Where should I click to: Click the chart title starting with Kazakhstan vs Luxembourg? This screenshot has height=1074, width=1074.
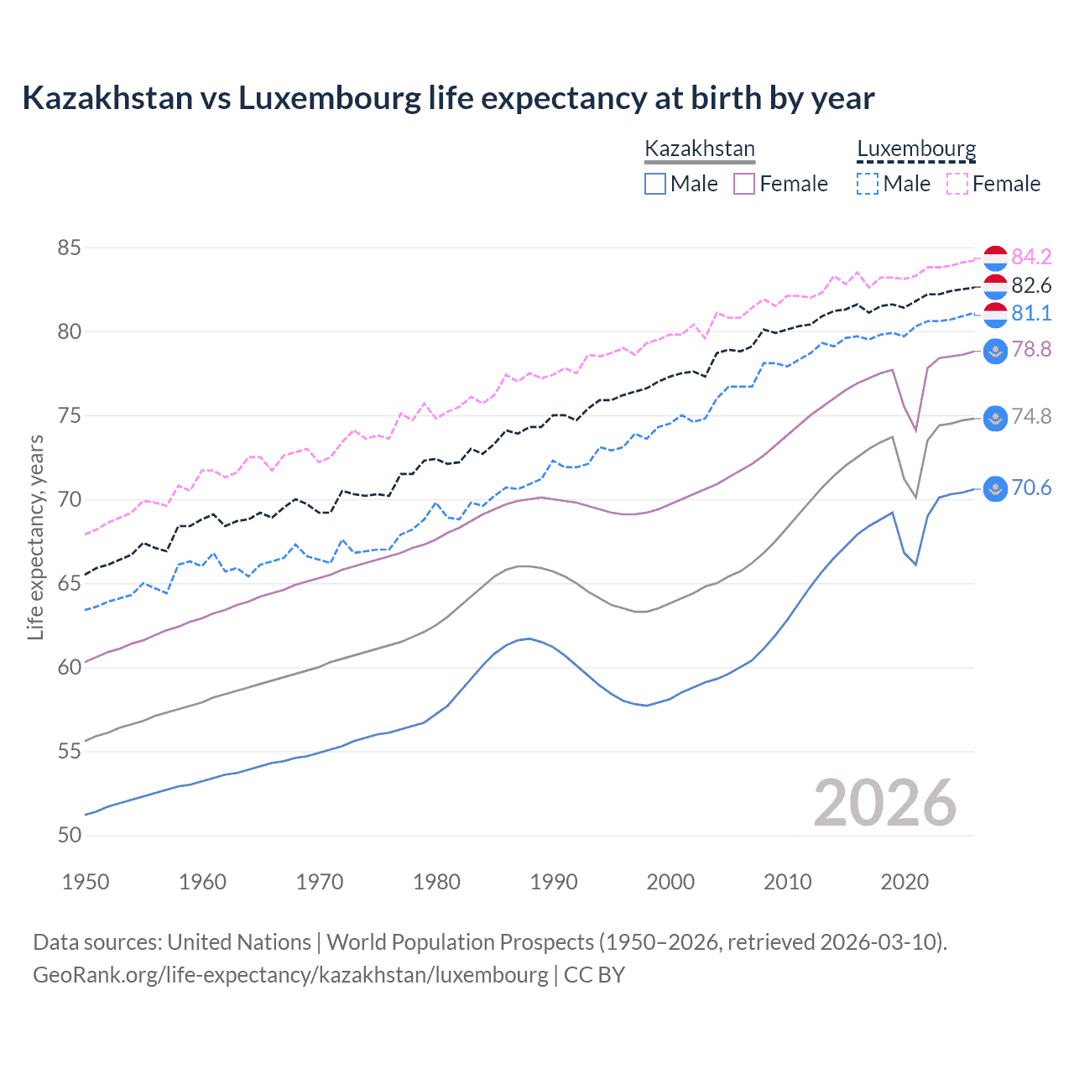pyautogui.click(x=448, y=98)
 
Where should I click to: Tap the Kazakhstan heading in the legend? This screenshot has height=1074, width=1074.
pyautogui.click(x=700, y=149)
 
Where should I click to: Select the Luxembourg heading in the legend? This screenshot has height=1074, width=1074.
pyautogui.click(x=916, y=149)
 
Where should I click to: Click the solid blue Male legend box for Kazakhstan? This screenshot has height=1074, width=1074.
pyautogui.click(x=655, y=184)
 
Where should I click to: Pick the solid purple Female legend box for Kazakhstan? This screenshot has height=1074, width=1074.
pyautogui.click(x=744, y=184)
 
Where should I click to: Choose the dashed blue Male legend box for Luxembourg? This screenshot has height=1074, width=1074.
pyautogui.click(x=868, y=184)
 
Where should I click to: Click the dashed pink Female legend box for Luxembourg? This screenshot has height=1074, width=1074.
pyautogui.click(x=957, y=184)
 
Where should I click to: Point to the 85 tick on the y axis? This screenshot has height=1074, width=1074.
pyautogui.click(x=69, y=248)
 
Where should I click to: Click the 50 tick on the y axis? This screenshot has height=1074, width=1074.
pyautogui.click(x=69, y=835)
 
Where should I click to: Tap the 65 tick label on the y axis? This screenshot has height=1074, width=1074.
pyautogui.click(x=69, y=583)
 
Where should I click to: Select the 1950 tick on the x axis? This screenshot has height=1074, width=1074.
pyautogui.click(x=86, y=882)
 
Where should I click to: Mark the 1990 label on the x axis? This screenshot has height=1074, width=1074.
pyautogui.click(x=554, y=882)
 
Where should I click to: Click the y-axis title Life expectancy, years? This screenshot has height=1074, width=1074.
pyautogui.click(x=35, y=537)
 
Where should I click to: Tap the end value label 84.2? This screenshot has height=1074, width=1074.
pyautogui.click(x=1031, y=257)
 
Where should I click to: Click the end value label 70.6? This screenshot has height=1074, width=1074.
pyautogui.click(x=1031, y=488)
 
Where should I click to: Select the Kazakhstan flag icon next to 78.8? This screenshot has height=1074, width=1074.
pyautogui.click(x=995, y=351)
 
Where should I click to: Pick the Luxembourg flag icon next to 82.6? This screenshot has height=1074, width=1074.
pyautogui.click(x=995, y=286)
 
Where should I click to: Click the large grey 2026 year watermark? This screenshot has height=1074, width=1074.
pyautogui.click(x=884, y=803)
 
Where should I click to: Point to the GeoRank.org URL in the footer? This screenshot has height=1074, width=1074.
pyautogui.click(x=290, y=975)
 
